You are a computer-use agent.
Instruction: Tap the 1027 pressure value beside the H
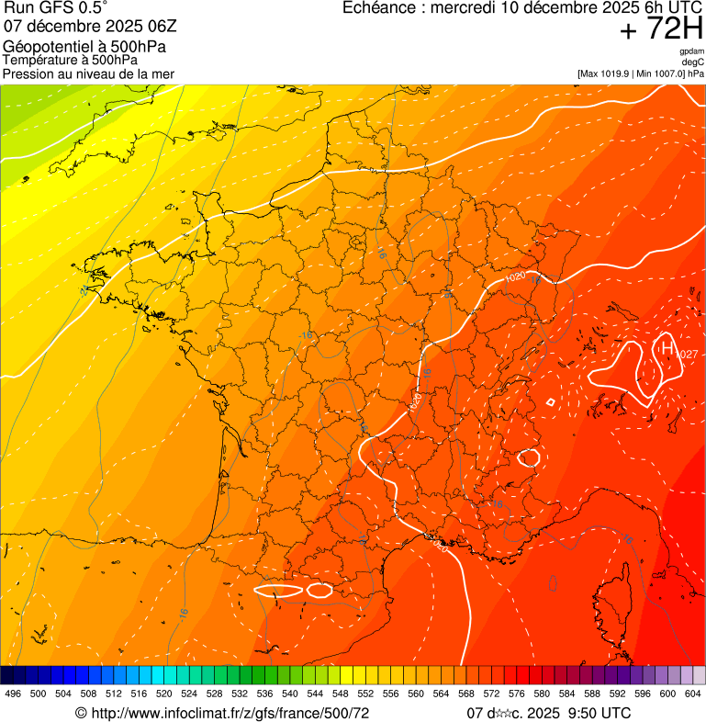687,355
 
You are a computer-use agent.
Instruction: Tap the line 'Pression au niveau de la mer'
88,73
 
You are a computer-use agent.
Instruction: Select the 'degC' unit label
693,62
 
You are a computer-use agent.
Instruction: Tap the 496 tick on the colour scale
13,694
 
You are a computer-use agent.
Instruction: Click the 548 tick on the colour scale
341,694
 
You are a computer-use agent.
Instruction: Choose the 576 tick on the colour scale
517,694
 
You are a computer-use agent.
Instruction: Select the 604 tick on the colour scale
693,694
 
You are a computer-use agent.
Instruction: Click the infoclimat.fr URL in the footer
230,713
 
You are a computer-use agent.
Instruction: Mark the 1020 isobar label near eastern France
516,276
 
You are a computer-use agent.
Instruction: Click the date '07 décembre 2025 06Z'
83,28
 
